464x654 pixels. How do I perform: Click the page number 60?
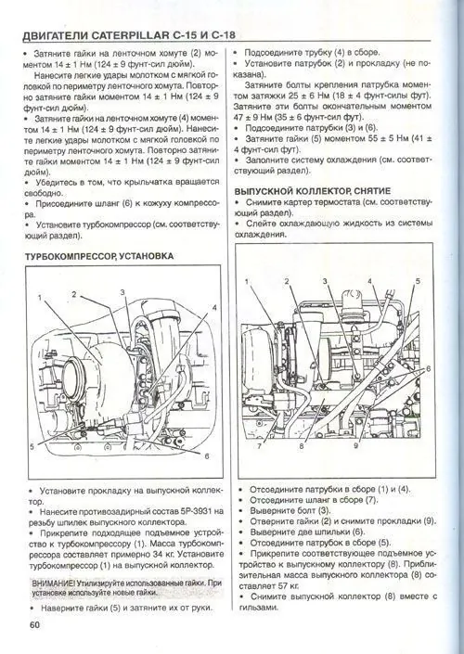click(34, 624)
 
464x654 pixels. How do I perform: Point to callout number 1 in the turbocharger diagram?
click(41, 298)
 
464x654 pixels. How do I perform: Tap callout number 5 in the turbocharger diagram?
click(32, 447)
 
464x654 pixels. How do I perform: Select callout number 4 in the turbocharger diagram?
click(214, 306)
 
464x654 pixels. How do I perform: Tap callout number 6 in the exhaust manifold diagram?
click(431, 368)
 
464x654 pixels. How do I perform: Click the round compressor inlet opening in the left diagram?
click(71, 376)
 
